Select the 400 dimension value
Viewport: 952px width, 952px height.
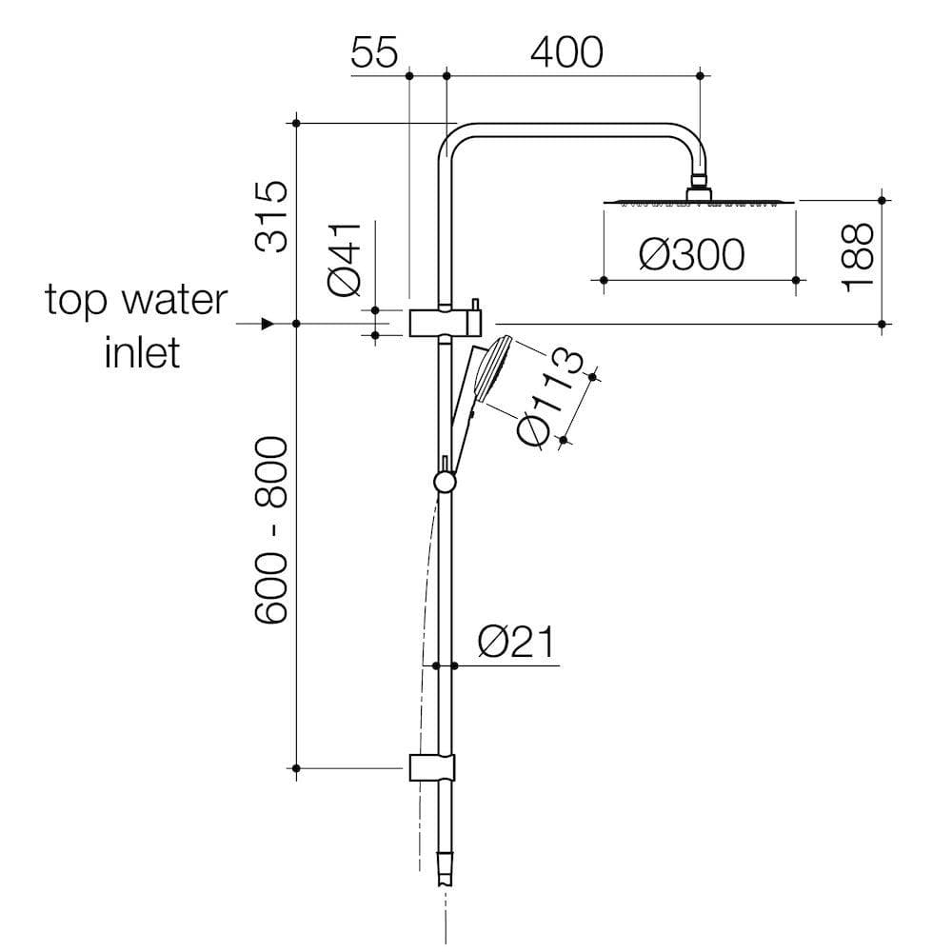point(566,53)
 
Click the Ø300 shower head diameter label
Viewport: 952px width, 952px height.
point(692,255)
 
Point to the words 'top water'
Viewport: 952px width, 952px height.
point(136,300)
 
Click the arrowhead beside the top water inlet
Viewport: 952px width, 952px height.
point(268,325)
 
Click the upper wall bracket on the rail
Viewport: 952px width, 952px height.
point(446,322)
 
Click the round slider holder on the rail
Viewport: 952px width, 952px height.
point(445,482)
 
